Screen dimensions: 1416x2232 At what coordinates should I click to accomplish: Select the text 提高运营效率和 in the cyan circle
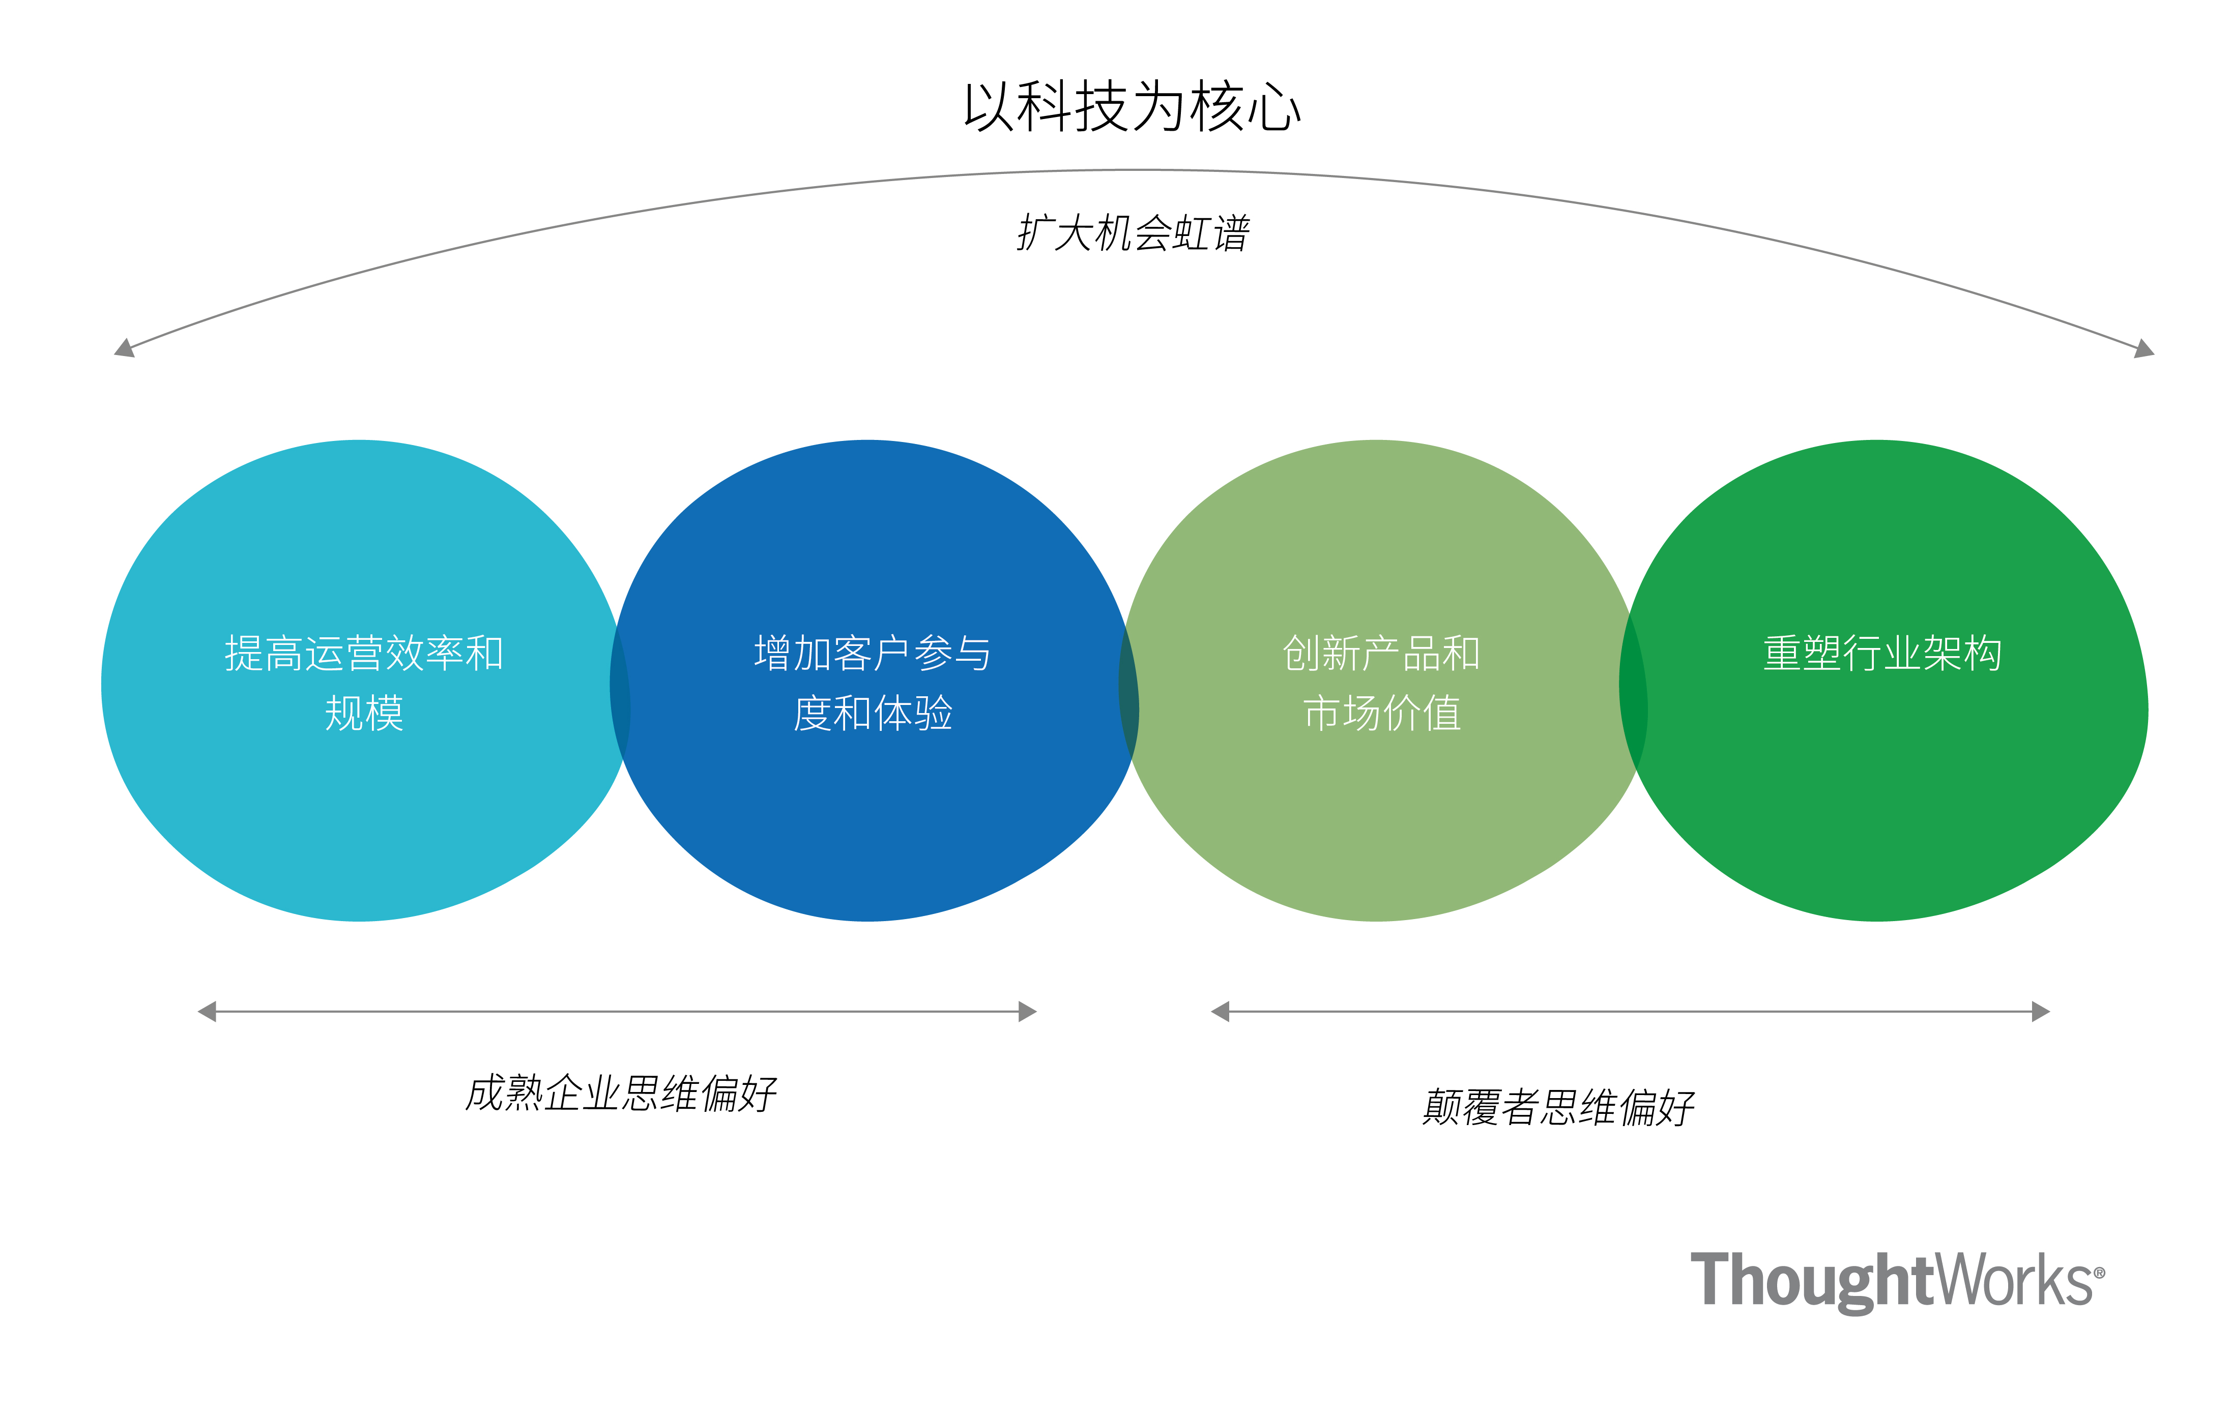click(x=363, y=654)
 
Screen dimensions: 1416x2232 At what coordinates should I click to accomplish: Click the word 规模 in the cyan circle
click(x=363, y=714)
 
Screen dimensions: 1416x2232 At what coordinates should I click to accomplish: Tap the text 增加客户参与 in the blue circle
click(x=872, y=654)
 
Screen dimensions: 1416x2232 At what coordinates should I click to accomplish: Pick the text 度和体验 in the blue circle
click(x=872, y=714)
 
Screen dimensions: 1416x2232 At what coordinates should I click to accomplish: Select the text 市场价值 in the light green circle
click(x=1381, y=714)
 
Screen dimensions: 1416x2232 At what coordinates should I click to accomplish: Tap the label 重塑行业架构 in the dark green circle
click(x=1881, y=654)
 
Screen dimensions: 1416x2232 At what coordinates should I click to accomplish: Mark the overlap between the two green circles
click(x=1633, y=686)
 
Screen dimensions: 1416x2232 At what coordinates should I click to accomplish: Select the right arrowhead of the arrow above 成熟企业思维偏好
click(x=1027, y=1011)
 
